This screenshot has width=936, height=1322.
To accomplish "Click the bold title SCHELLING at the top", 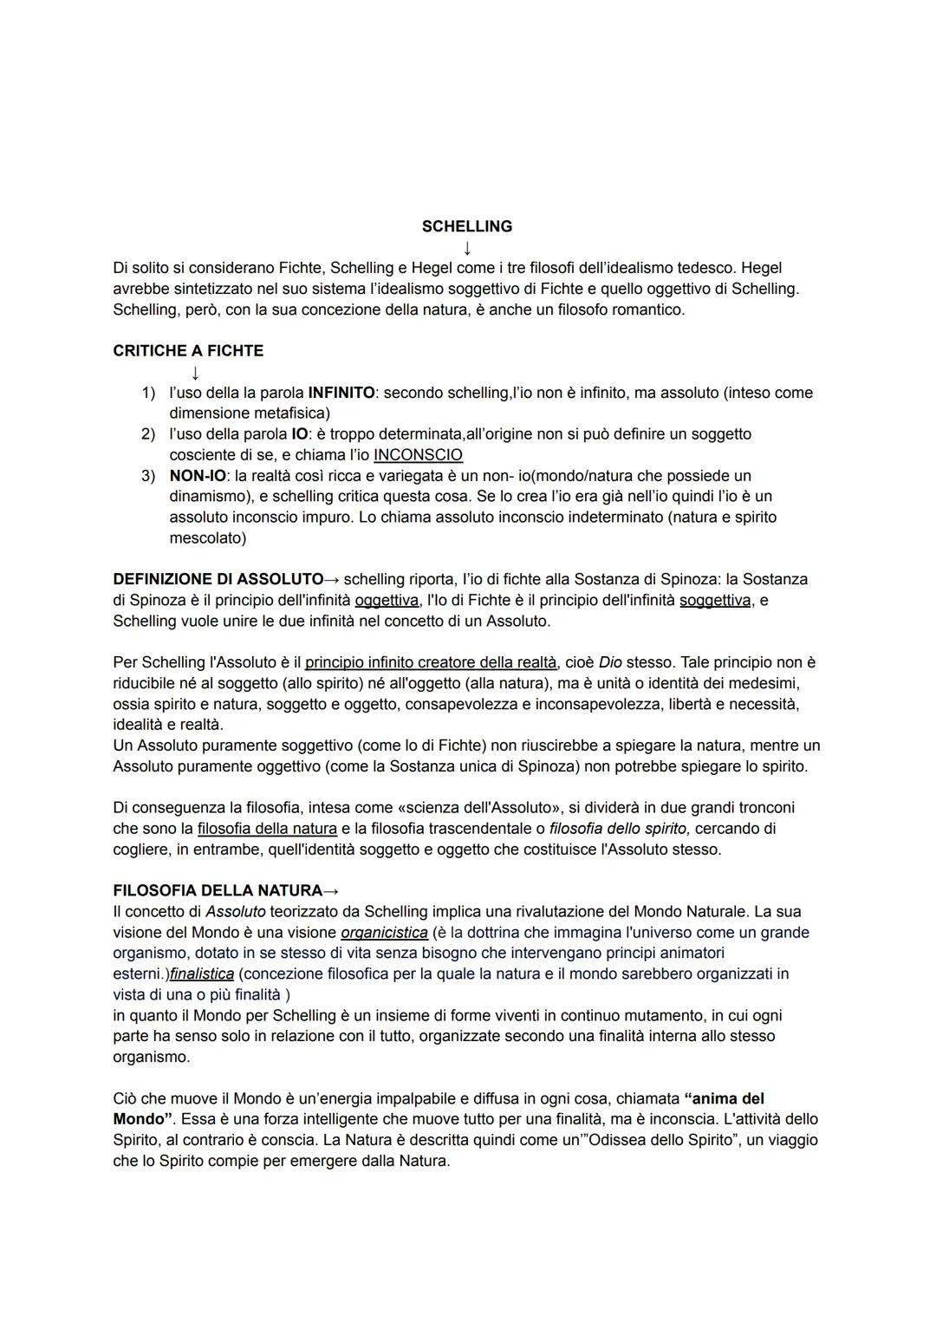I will tap(466, 226).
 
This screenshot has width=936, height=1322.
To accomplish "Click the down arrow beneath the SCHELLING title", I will tap(467, 249).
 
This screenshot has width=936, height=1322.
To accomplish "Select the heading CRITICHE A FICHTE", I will tap(188, 351).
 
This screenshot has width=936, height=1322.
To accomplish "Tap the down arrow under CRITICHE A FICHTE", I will tap(196, 373).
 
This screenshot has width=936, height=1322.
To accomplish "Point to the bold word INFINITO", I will tap(341, 393).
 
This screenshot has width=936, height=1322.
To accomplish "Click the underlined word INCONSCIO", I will tap(418, 455).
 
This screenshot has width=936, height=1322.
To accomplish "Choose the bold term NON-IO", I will tap(192, 476).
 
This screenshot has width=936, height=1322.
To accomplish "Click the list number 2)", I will tap(148, 434).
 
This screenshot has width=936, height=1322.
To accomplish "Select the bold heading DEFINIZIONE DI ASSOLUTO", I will tap(218, 579).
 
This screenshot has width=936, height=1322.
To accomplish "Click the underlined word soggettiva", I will tap(715, 600).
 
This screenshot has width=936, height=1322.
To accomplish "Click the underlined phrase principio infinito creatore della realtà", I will tap(431, 662).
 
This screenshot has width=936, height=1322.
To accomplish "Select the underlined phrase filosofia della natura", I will tap(267, 829).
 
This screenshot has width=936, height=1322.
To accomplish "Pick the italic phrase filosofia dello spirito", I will tap(620, 829).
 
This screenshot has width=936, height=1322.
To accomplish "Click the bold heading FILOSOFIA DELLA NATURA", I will tap(218, 891).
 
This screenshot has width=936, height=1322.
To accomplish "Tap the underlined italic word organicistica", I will tap(384, 933).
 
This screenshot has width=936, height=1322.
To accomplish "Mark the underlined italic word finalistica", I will tap(202, 974).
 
